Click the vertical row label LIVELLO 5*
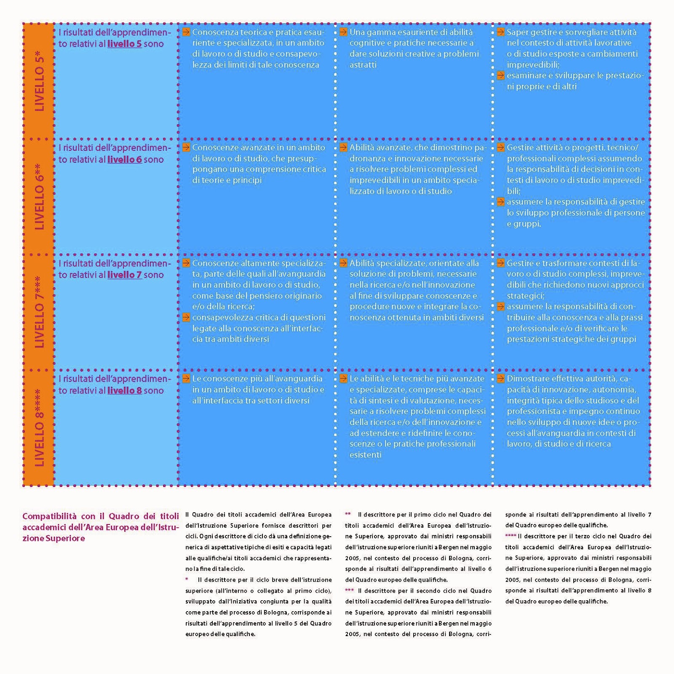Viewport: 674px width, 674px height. pos(39,81)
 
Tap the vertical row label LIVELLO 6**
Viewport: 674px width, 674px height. pos(39,197)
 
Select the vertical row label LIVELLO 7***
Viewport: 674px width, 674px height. pos(39,312)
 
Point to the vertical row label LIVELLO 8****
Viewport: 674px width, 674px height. pos(39,428)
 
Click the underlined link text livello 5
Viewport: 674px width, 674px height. pos(124,44)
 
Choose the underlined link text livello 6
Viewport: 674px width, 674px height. pos(124,160)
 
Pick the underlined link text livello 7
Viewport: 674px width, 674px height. pos(124,275)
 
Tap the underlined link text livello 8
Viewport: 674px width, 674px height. pos(124,391)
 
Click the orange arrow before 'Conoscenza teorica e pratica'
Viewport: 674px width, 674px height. pos(186,32)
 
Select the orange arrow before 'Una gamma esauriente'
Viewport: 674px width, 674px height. pos(343,32)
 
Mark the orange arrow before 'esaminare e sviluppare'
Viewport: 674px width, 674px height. pos(500,76)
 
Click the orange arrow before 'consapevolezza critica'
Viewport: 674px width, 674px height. pos(186,318)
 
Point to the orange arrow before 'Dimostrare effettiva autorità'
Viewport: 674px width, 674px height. pos(500,379)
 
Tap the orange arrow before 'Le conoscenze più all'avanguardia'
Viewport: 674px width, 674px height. pos(186,379)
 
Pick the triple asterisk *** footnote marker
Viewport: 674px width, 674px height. pos(350,591)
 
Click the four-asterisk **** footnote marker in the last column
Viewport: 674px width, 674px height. pos(511,536)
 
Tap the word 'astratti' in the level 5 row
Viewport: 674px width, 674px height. pos(363,65)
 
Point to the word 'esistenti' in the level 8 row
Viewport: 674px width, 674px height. pos(365,455)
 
